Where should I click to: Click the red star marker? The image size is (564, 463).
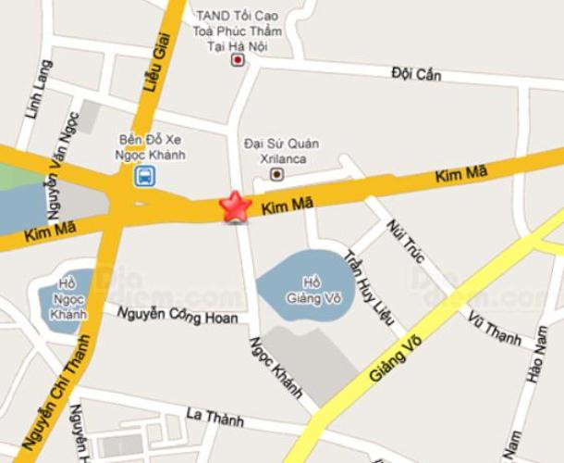pyautogui.click(x=236, y=206)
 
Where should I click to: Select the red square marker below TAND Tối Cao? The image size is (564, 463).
pyautogui.click(x=238, y=60)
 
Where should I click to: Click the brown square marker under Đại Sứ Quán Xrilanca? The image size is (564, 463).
pyautogui.click(x=276, y=174)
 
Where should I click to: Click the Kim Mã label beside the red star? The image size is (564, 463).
pyautogui.click(x=283, y=211)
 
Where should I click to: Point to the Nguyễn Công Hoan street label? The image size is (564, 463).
pyautogui.click(x=177, y=317)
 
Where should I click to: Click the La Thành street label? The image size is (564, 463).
pyautogui.click(x=215, y=419)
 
